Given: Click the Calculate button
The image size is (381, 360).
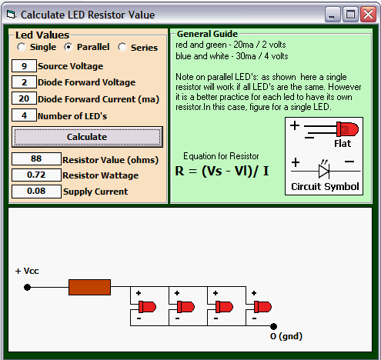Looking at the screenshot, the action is pyautogui.click(x=87, y=137).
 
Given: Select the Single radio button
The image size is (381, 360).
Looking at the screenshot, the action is pyautogui.click(x=22, y=47).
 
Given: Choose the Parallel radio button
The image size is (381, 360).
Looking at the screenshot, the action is pyautogui.click(x=69, y=47).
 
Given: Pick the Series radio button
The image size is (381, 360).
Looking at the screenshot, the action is pyautogui.click(x=122, y=47).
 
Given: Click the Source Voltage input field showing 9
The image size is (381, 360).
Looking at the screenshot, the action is pyautogui.click(x=24, y=66).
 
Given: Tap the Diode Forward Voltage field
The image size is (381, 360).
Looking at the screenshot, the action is pyautogui.click(x=24, y=82).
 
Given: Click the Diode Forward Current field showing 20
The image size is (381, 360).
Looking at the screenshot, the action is pyautogui.click(x=24, y=98).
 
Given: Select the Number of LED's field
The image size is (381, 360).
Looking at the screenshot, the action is pyautogui.click(x=24, y=115).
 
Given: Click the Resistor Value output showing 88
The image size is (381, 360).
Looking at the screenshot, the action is pyautogui.click(x=36, y=158).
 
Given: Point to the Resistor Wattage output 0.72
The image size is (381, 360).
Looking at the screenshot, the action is pyautogui.click(x=36, y=175).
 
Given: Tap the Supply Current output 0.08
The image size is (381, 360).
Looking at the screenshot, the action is pyautogui.click(x=36, y=192).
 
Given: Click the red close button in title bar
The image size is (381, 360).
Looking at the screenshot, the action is pyautogui.click(x=368, y=15).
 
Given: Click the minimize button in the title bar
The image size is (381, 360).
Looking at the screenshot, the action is pyautogui.click(x=333, y=15).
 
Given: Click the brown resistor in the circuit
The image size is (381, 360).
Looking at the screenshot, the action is pyautogui.click(x=89, y=287).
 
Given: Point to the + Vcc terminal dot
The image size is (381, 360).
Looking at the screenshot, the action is pyautogui.click(x=27, y=287).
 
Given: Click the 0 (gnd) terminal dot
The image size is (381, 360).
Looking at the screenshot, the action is pyautogui.click(x=274, y=326).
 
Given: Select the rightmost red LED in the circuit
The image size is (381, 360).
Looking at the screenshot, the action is pyautogui.click(x=262, y=307).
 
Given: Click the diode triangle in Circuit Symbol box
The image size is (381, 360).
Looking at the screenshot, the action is pyautogui.click(x=324, y=171).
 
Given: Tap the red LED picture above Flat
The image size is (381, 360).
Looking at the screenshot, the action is pyautogui.click(x=347, y=129).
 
